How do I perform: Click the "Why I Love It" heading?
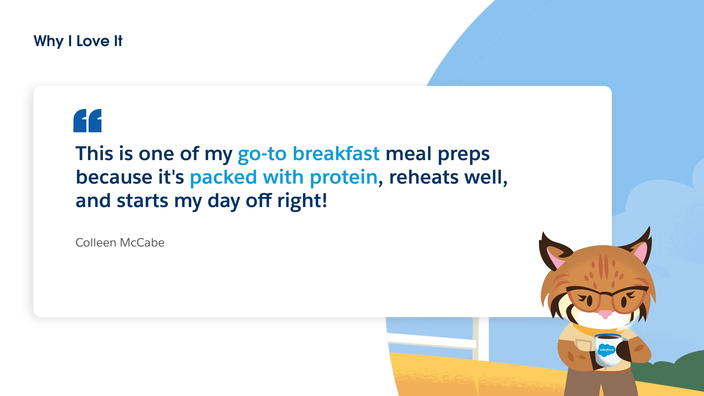tap(78, 41)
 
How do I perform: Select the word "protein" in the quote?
tap(344, 178)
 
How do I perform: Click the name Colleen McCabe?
tap(120, 242)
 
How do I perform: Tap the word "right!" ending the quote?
tap(302, 201)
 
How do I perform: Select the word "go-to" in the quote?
tap(262, 154)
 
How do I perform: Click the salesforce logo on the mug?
tap(606, 350)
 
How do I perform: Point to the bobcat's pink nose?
tap(605, 314)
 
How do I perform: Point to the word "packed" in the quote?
tap(223, 178)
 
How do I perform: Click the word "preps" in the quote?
tap(463, 154)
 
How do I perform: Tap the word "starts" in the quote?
tap(142, 201)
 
